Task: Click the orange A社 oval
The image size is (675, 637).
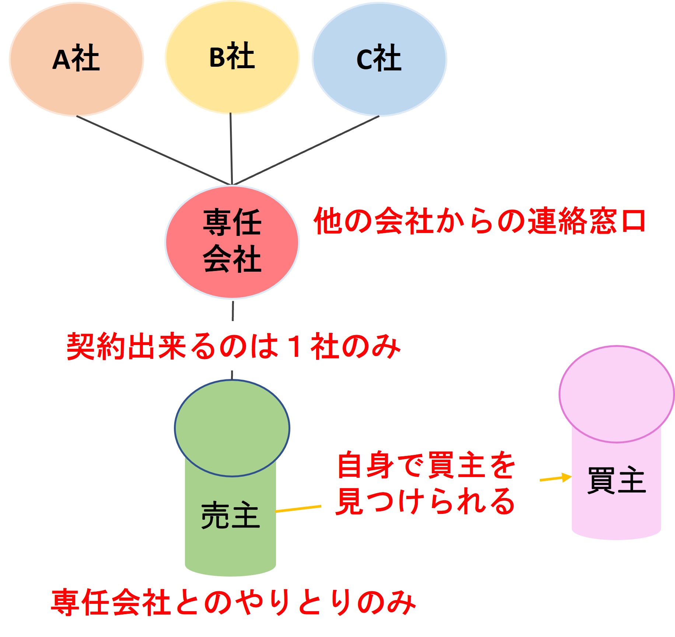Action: [76, 59]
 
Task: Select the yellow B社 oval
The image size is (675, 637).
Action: [232, 57]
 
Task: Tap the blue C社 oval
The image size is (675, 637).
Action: [380, 59]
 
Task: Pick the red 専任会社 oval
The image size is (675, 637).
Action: [232, 241]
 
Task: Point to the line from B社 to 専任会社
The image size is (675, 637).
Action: [231, 147]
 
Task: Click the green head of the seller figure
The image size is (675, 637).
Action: [232, 428]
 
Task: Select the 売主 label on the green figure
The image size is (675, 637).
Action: [231, 515]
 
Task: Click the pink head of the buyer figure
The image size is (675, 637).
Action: [616, 394]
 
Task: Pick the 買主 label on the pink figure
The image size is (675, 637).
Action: [616, 480]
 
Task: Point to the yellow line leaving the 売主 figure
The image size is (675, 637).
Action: [298, 509]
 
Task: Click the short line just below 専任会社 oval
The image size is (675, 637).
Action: [233, 311]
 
